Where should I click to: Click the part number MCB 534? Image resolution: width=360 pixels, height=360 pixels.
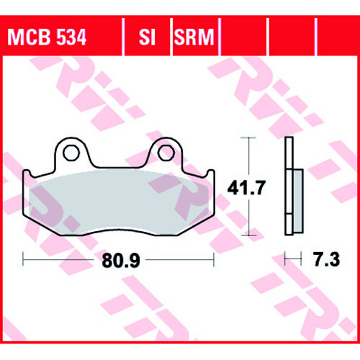[47, 37]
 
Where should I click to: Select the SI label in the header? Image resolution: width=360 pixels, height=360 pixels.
[147, 37]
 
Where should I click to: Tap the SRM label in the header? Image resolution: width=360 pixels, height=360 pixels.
[194, 37]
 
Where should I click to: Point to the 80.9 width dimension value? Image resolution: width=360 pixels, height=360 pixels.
[121, 261]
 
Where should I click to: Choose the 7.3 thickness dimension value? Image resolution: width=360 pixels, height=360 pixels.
[327, 259]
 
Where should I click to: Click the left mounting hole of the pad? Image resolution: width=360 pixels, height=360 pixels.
[71, 153]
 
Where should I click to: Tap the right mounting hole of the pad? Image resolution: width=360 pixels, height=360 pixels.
[166, 153]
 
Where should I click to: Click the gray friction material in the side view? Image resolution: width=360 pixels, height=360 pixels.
[298, 201]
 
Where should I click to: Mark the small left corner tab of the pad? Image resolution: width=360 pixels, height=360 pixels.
[26, 174]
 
